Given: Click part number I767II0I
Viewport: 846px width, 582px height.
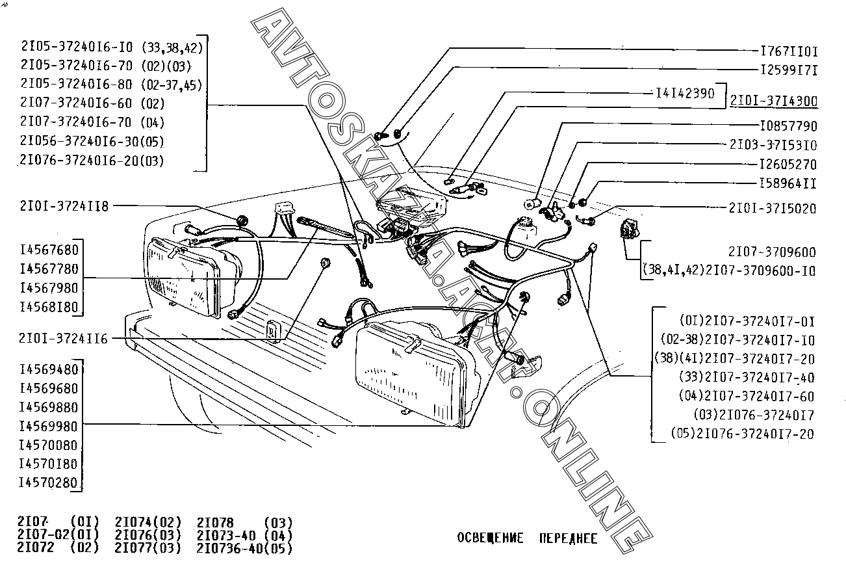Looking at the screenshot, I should click(788, 50).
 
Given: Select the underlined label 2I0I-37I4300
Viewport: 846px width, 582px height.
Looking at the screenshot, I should click(773, 101).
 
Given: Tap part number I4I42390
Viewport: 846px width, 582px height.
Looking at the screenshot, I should click(684, 93).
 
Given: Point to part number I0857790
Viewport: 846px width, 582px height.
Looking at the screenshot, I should click(788, 126).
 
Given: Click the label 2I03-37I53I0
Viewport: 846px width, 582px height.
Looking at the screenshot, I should click(773, 145).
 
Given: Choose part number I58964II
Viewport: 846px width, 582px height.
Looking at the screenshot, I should click(788, 183).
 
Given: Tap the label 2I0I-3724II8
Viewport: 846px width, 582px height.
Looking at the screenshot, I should click(64, 205).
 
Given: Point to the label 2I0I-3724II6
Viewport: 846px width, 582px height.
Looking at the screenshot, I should click(64, 339).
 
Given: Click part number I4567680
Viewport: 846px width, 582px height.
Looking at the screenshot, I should click(49, 250).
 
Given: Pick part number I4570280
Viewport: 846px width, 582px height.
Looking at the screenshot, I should click(49, 483).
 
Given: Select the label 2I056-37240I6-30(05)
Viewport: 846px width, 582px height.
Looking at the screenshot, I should click(92, 141).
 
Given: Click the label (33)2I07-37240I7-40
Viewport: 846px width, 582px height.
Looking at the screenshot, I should click(746, 377).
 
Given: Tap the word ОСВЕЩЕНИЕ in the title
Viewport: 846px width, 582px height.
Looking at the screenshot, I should click(490, 538).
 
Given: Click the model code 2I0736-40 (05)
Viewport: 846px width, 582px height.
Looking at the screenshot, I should click(244, 548).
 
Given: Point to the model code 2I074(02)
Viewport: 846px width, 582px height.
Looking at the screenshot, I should click(148, 522).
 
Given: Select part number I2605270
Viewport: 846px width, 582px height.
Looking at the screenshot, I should click(788, 165).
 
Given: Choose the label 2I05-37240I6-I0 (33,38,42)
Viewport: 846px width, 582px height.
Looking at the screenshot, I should click(112, 47).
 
